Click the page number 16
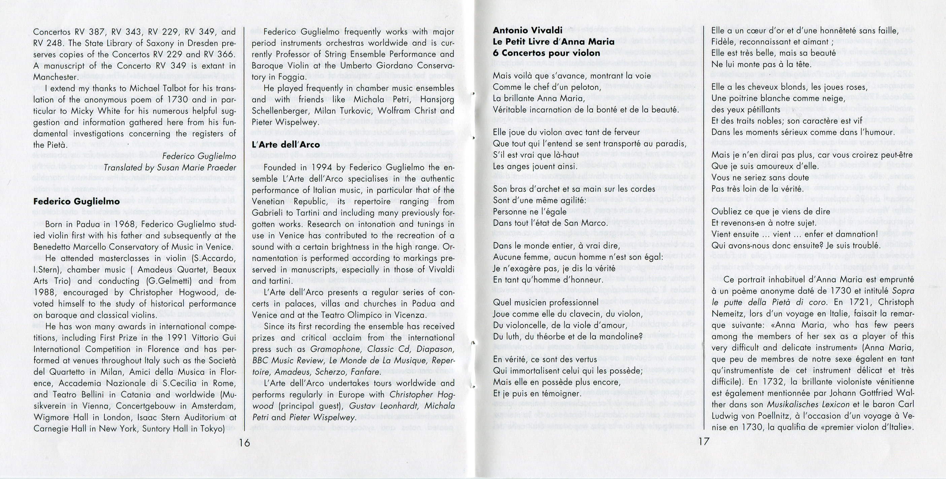tap(244, 443)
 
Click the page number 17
tap(703, 442)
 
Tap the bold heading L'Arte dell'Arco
tap(286, 145)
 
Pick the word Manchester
tap(55, 77)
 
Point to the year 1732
tap(757, 382)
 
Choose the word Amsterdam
tap(211, 406)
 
